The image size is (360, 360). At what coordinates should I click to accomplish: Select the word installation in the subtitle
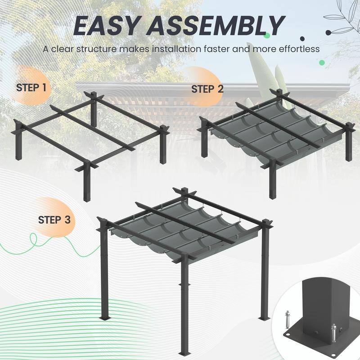(179, 49)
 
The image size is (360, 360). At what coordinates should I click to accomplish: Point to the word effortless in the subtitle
(297, 49)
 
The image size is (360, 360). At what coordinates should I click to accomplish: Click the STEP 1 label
(31, 87)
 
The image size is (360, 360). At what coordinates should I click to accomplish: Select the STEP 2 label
(207, 89)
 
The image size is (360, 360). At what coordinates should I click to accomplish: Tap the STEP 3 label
(54, 220)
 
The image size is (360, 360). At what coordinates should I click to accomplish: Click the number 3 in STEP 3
(67, 220)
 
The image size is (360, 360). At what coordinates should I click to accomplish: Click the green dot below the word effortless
(322, 63)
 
